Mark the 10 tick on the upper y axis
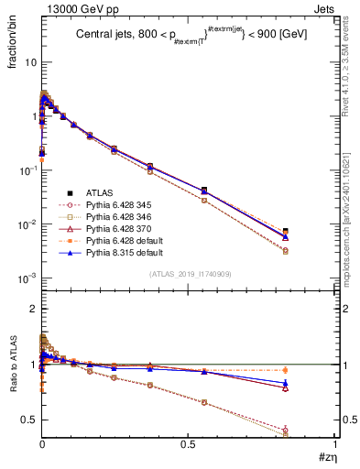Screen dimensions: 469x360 (x=30, y=62)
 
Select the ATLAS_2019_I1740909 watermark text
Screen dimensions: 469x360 (x=190, y=274)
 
